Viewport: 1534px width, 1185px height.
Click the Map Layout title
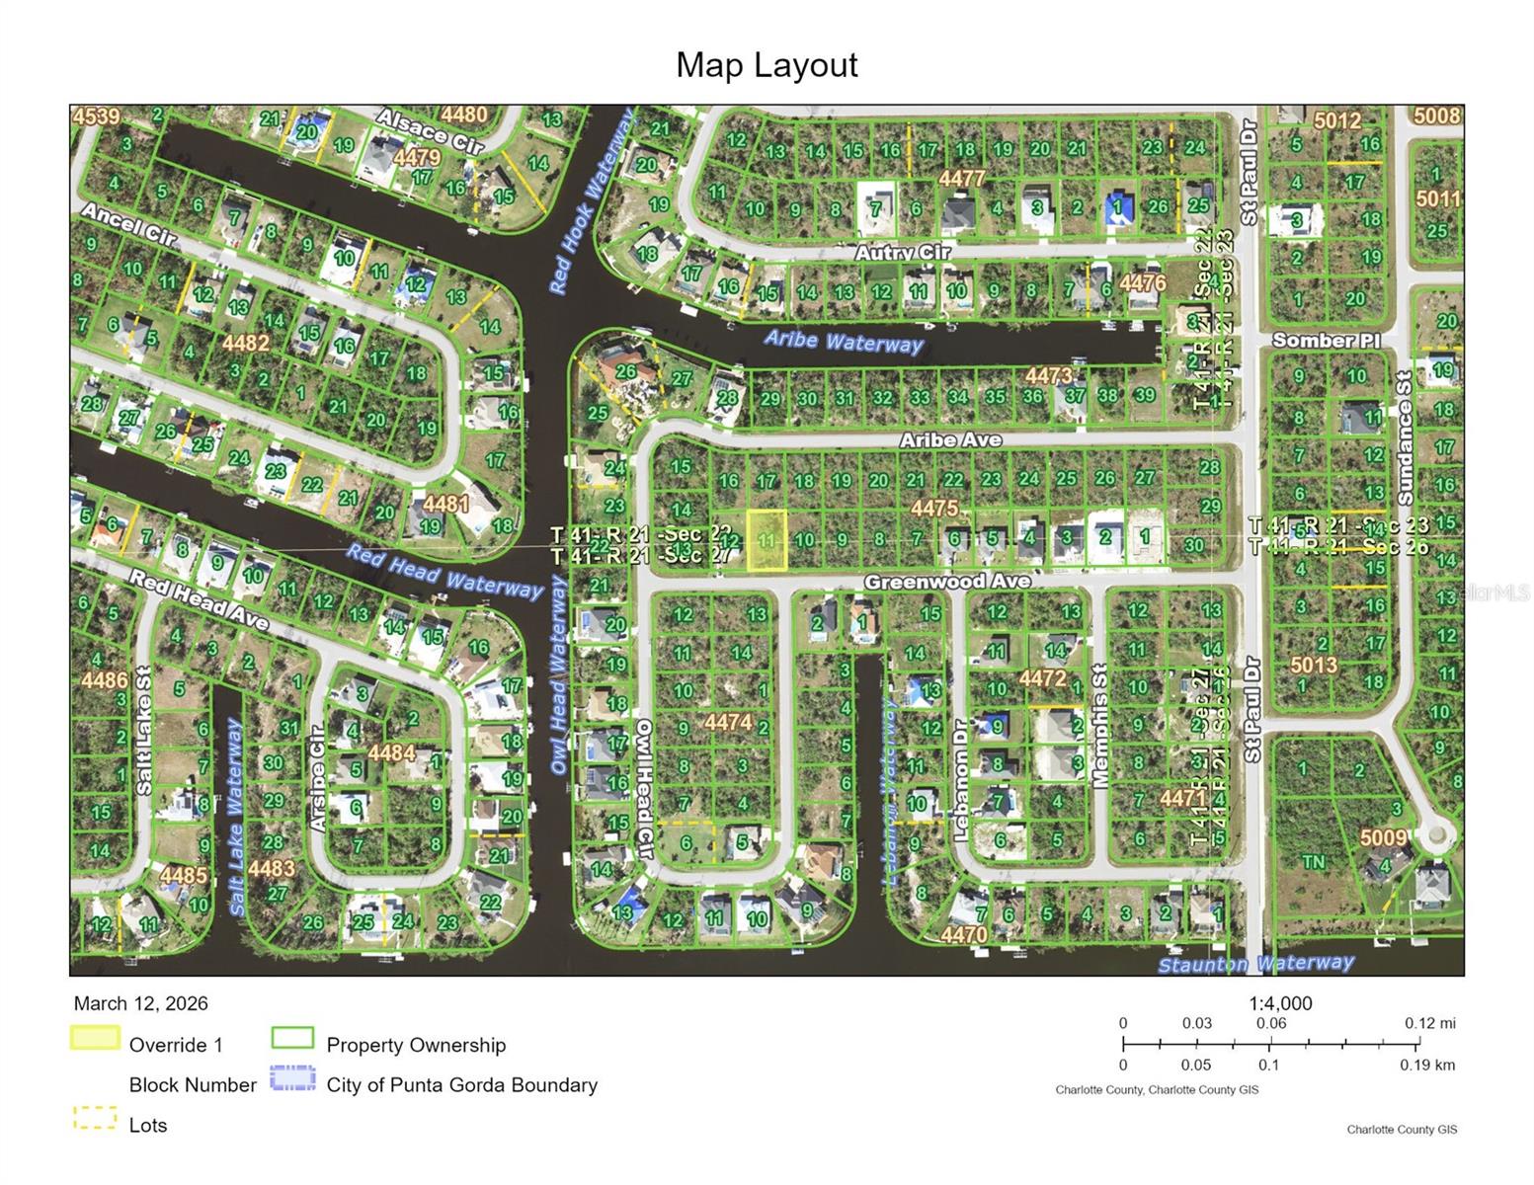pyautogui.click(x=767, y=65)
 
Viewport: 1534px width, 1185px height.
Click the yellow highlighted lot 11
pyautogui.click(x=767, y=540)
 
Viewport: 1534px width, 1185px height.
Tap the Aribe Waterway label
pyautogui.click(x=843, y=341)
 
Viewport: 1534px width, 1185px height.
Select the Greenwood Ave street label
pyautogui.click(x=946, y=582)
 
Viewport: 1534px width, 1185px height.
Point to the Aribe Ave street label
pyautogui.click(x=950, y=439)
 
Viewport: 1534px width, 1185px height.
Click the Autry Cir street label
pyautogui.click(x=903, y=253)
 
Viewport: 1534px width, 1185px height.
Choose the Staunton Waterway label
pyautogui.click(x=1255, y=963)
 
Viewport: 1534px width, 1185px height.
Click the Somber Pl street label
pyautogui.click(x=1326, y=340)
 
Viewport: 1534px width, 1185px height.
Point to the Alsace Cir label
pyautogui.click(x=430, y=130)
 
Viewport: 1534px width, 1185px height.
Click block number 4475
pyautogui.click(x=934, y=508)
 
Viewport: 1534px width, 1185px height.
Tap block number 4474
pyautogui.click(x=728, y=722)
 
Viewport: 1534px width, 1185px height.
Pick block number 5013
pyautogui.click(x=1313, y=665)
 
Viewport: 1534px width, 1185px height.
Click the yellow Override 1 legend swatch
pyautogui.click(x=95, y=1039)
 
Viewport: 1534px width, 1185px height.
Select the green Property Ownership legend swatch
pyautogui.click(x=292, y=1039)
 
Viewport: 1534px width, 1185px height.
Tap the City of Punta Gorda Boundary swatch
pyautogui.click(x=292, y=1078)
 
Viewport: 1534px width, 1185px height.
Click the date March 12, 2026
pyautogui.click(x=141, y=1003)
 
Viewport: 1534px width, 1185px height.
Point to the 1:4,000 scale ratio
pyautogui.click(x=1280, y=1003)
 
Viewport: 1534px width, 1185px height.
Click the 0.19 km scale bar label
pyautogui.click(x=1426, y=1065)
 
